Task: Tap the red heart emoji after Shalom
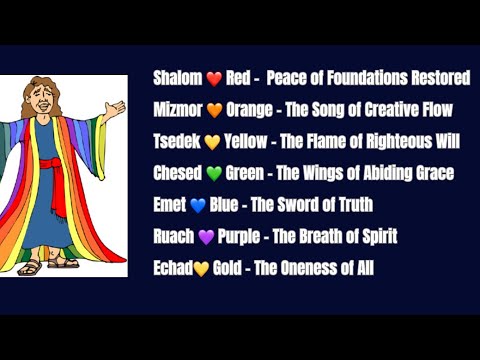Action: [213, 78]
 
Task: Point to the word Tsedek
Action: [178, 141]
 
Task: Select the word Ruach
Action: [174, 237]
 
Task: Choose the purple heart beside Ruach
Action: [206, 238]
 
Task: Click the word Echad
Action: [173, 269]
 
